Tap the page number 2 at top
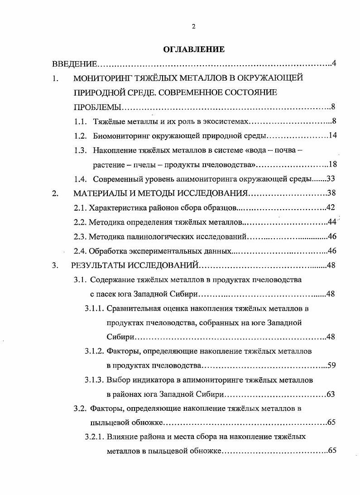tap(193, 27)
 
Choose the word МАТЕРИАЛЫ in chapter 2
tap(98, 193)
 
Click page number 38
tap(331, 193)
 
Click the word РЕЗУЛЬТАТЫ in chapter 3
tap(100, 265)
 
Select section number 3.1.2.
tap(94, 351)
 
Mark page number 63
tap(331, 394)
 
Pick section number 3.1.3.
tap(94, 380)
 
